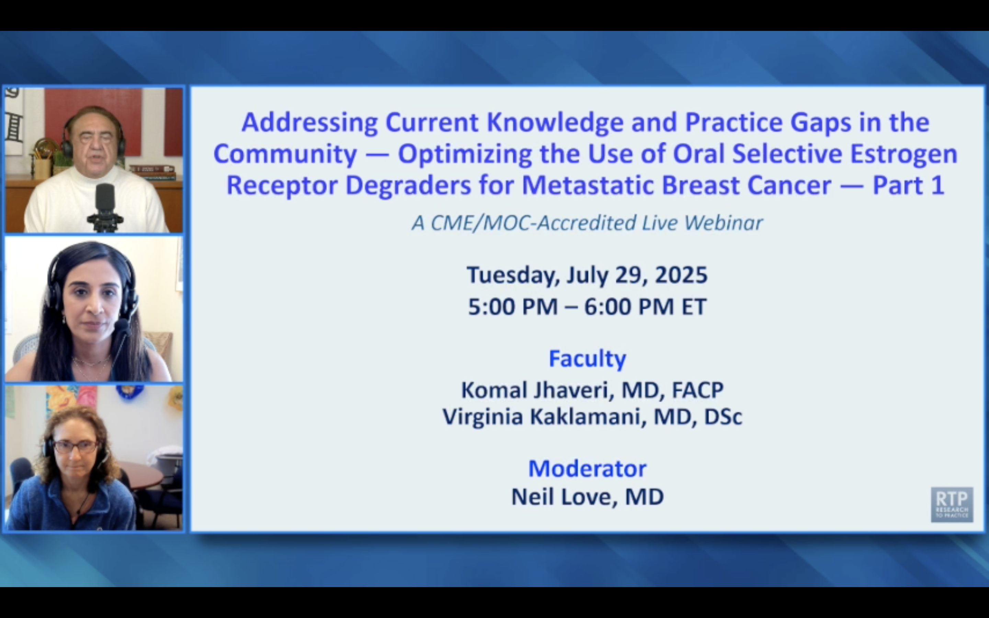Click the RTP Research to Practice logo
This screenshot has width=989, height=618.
click(x=952, y=504)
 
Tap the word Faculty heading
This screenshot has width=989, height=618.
click(x=587, y=358)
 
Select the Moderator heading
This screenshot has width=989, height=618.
click(x=587, y=468)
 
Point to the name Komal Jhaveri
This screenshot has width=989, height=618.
click(x=536, y=390)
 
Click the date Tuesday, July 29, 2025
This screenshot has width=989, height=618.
click(x=587, y=275)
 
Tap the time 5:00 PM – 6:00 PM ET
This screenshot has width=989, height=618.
click(x=587, y=307)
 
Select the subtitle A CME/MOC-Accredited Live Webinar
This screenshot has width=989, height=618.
click(x=587, y=223)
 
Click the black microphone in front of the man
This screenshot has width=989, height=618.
click(x=105, y=206)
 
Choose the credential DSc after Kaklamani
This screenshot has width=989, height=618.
click(x=723, y=417)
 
